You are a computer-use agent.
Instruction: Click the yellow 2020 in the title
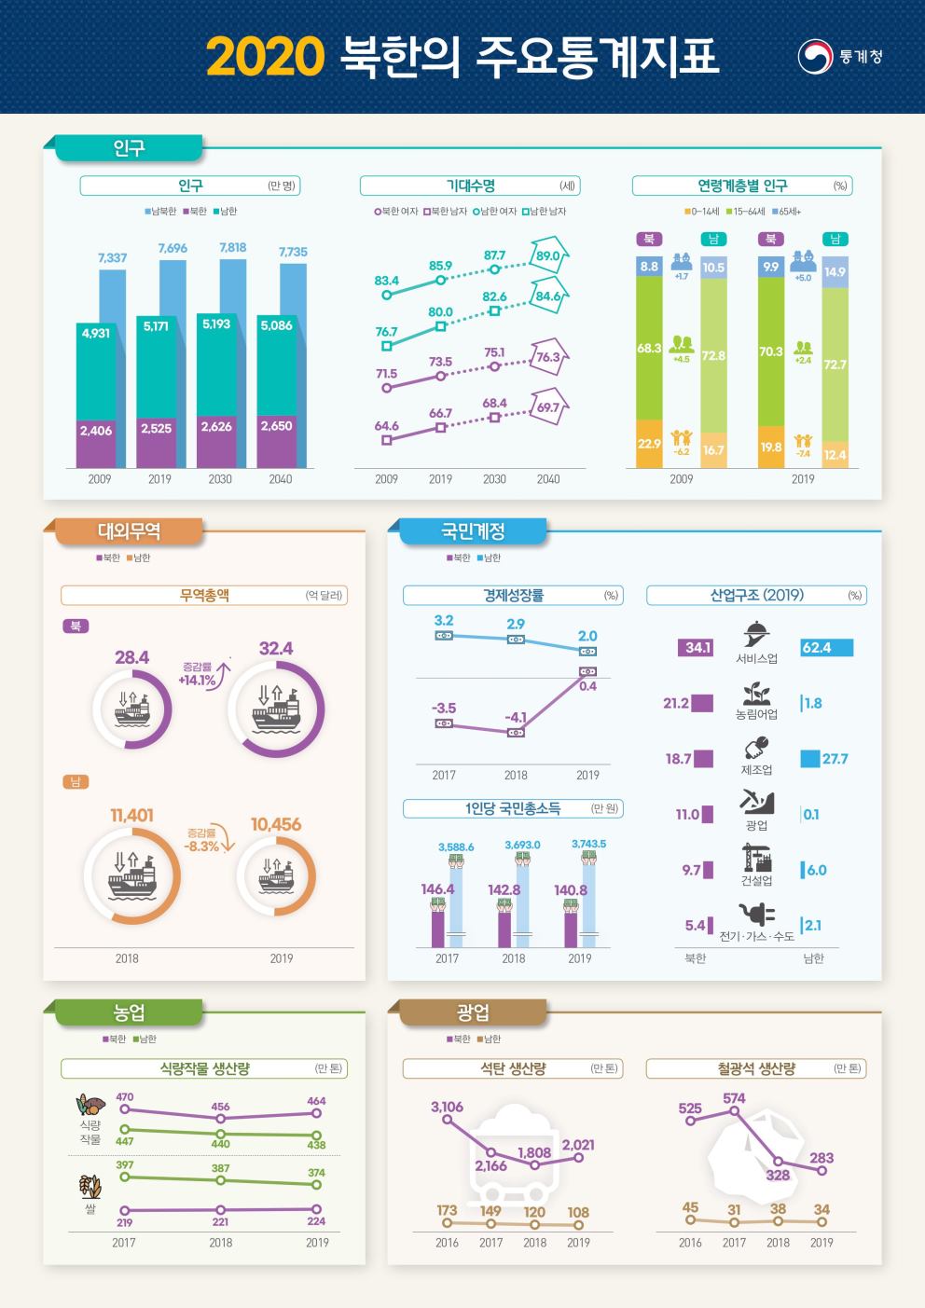[x=265, y=56]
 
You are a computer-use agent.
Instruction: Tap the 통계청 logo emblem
[x=815, y=56]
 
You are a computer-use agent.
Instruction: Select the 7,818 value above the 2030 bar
[x=232, y=248]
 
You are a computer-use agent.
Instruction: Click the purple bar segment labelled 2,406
[x=96, y=443]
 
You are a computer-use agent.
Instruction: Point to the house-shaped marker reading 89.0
[x=549, y=255]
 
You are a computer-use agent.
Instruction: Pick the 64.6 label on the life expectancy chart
[x=387, y=426]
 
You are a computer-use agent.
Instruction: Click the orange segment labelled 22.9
[x=649, y=444]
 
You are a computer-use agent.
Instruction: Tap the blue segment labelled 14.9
[x=835, y=272]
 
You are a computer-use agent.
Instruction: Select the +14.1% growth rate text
[x=198, y=681]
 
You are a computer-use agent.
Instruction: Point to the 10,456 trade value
[x=276, y=824]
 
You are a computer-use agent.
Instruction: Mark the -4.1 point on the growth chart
[x=516, y=732]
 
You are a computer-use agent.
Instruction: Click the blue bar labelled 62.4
[x=827, y=648]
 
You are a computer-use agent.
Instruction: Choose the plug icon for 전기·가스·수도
[x=757, y=914]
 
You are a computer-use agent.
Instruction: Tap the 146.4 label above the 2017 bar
[x=437, y=889]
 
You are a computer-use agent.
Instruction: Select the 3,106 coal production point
[x=448, y=1120]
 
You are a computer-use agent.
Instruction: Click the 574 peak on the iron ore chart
[x=734, y=1111]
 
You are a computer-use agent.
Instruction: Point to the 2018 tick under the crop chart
[x=221, y=1243]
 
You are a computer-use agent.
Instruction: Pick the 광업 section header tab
[x=473, y=1012]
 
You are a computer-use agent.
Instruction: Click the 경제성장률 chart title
[x=513, y=595]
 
